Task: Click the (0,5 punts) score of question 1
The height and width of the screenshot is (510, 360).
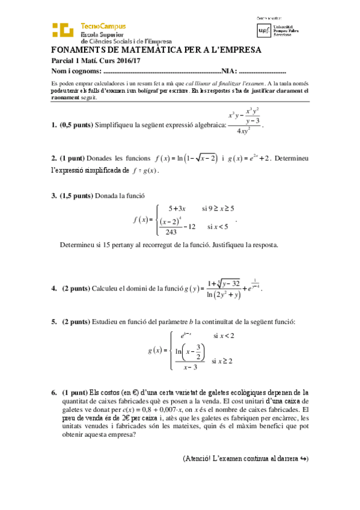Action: pyautogui.click(x=76, y=125)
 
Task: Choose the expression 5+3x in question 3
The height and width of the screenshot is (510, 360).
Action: pyautogui.click(x=177, y=209)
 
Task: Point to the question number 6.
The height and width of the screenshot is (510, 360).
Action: pyautogui.click(x=54, y=392)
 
